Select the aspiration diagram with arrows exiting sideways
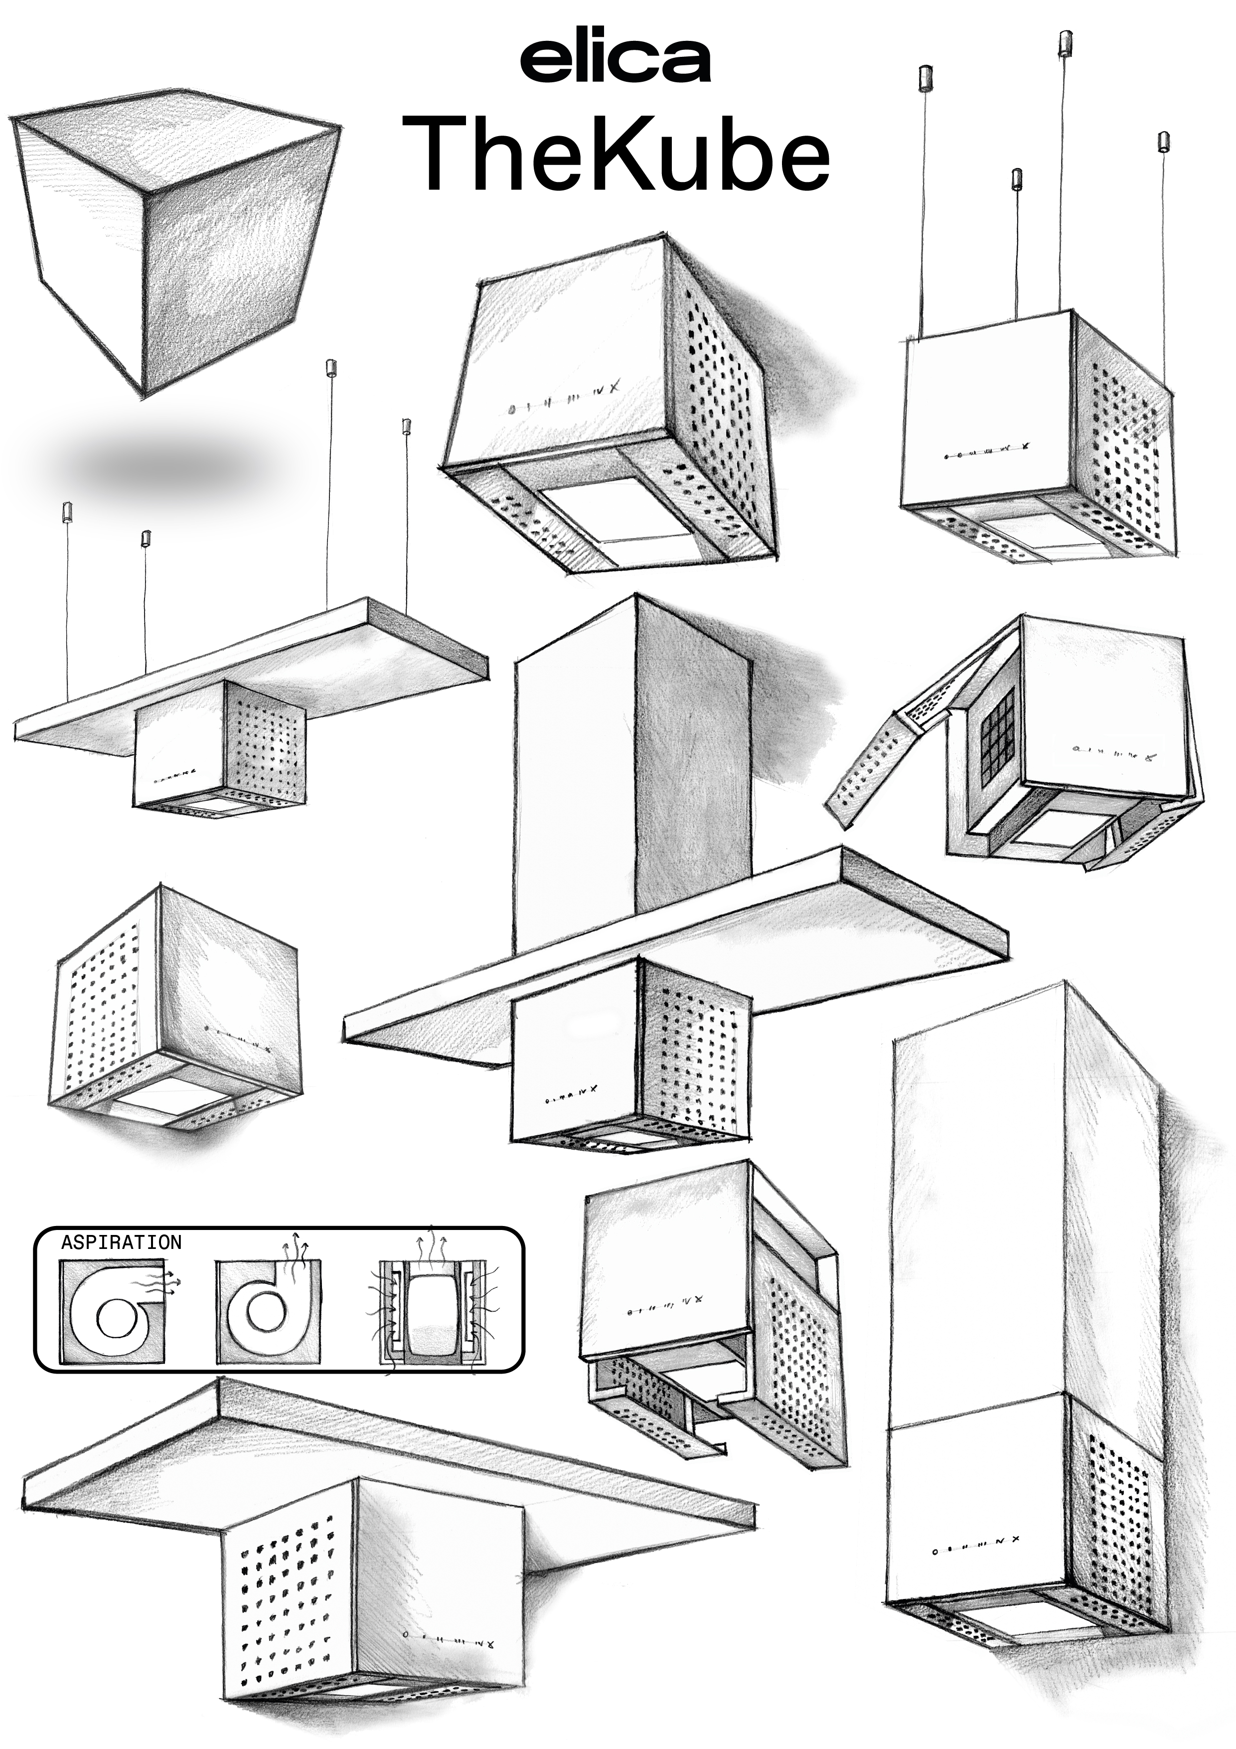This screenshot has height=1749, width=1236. pos(114,1312)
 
